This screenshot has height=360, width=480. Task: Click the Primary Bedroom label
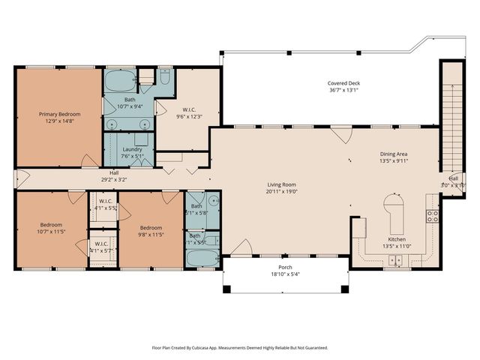point(59,114)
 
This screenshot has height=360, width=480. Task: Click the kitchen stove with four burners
point(433,217)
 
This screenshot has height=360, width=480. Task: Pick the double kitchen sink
point(394,259)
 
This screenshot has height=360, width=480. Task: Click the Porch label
point(285,268)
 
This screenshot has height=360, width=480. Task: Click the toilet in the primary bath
point(166,76)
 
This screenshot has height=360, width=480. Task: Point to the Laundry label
point(132,149)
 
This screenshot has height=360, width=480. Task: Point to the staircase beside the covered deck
point(452,120)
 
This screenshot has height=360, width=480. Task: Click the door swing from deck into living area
point(341,135)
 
